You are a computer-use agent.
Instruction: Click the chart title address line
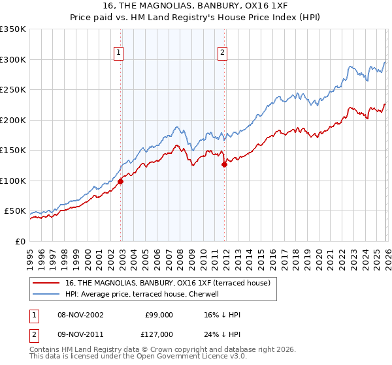coord(195,6)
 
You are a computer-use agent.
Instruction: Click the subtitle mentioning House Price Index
coord(195,18)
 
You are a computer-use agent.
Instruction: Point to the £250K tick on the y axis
coord(13,90)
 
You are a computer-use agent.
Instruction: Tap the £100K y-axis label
coord(13,181)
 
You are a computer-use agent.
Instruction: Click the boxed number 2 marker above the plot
coord(223,53)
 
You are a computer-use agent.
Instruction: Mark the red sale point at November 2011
coord(224,165)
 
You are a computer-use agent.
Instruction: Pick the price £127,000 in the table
coord(159,334)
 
